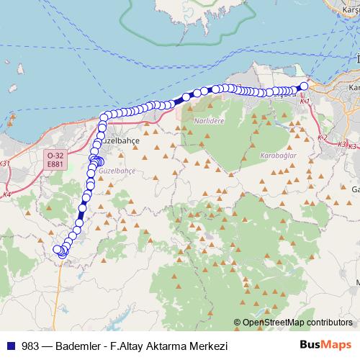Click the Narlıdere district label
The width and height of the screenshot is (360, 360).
point(209,122)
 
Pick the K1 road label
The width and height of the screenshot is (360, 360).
point(304,102)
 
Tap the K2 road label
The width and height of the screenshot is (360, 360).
point(322,138)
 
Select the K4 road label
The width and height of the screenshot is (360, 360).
point(6,194)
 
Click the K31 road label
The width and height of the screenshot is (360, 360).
point(6,163)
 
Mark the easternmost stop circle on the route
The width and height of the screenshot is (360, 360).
point(304,86)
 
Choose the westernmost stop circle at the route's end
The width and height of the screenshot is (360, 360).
point(58,249)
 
